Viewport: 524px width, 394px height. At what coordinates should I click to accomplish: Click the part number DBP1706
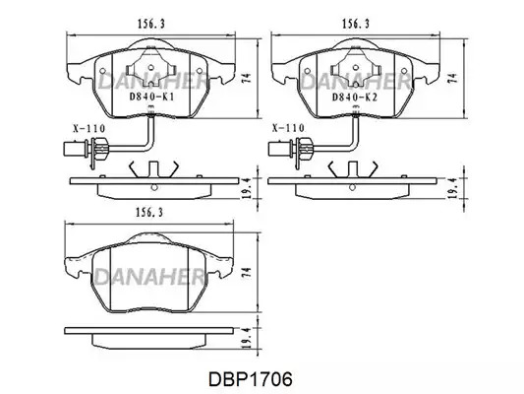click(x=251, y=379)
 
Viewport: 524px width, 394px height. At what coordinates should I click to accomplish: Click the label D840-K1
click(x=151, y=98)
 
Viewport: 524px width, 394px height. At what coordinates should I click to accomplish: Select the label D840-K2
click(x=355, y=98)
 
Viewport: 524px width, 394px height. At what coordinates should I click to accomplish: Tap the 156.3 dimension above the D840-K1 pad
click(x=151, y=24)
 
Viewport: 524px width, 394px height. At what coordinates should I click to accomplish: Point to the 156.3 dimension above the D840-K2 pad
click(x=356, y=24)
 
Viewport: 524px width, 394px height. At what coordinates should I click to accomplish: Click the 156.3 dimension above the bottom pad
click(x=149, y=212)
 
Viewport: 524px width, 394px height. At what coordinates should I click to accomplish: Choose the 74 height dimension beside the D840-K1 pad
click(x=246, y=78)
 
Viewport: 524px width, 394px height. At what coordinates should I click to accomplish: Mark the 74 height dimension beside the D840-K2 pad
click(x=453, y=78)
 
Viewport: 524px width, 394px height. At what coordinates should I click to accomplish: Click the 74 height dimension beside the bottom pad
click(x=246, y=272)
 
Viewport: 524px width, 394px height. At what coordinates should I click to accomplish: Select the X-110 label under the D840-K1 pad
click(x=89, y=128)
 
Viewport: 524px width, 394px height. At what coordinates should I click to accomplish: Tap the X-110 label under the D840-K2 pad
click(x=288, y=128)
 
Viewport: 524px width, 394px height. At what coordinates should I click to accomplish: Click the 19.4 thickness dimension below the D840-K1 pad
click(x=246, y=188)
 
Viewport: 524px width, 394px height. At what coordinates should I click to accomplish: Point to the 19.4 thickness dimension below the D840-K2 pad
click(x=453, y=188)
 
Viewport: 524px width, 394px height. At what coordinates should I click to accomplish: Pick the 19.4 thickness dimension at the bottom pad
click(x=246, y=339)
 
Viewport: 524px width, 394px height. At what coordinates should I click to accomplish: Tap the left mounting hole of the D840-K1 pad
click(x=102, y=71)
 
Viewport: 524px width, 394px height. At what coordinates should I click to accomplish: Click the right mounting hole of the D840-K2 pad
click(x=404, y=71)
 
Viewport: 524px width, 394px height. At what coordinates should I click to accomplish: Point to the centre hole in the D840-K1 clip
click(x=150, y=67)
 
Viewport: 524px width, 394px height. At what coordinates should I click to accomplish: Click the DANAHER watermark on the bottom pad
click(x=149, y=277)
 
